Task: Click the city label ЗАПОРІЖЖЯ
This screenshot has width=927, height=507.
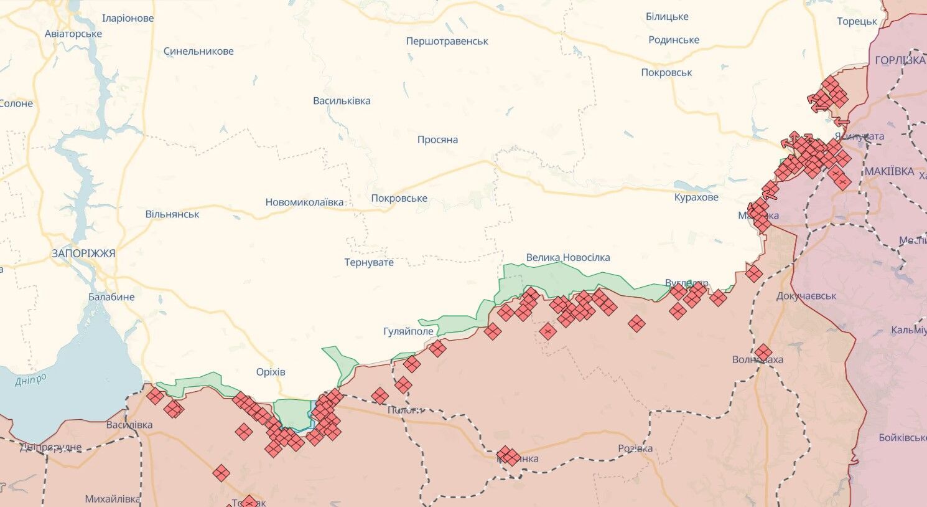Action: click(83, 253)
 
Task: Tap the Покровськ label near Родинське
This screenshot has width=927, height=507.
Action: click(666, 72)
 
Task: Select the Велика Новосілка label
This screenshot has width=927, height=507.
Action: click(567, 257)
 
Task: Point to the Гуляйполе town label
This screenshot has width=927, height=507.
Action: click(408, 331)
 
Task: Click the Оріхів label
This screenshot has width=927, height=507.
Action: click(271, 372)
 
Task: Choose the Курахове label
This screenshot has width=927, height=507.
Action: click(696, 197)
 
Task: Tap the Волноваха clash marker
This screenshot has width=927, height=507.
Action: click(763, 353)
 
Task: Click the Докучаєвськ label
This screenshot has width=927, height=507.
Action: click(806, 296)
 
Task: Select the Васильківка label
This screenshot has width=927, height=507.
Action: click(342, 101)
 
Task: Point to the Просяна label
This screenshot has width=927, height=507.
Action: click(437, 140)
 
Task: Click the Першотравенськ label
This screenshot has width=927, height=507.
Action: click(447, 41)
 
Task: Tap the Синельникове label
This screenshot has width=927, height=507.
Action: click(198, 51)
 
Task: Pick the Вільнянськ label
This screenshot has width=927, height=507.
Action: click(172, 214)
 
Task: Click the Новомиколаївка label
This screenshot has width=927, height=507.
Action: click(304, 202)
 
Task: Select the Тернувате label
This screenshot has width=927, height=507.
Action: click(369, 262)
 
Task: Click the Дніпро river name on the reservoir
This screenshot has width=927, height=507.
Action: click(30, 380)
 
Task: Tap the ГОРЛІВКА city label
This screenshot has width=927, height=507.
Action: click(900, 60)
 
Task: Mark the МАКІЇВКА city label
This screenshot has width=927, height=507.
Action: click(889, 171)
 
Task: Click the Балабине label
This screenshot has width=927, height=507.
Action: click(111, 297)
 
